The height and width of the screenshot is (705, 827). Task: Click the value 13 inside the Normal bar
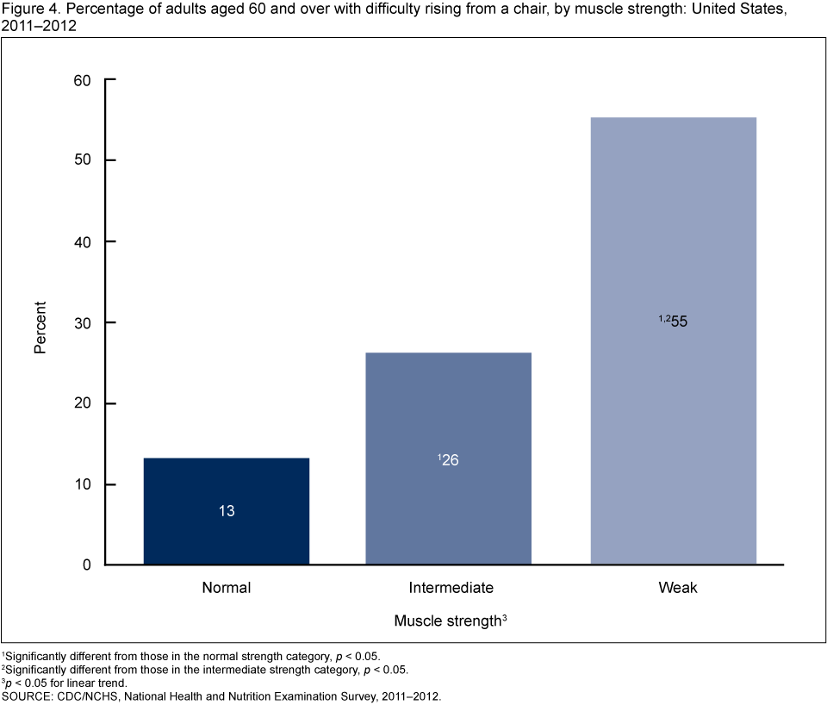click(x=226, y=511)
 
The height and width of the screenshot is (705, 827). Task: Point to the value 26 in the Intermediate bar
click(x=451, y=460)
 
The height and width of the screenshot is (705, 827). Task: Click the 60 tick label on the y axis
click(x=82, y=80)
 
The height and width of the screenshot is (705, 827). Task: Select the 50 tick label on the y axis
click(x=82, y=161)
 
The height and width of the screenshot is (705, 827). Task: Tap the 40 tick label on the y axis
click(x=82, y=242)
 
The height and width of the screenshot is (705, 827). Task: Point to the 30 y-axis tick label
click(x=82, y=323)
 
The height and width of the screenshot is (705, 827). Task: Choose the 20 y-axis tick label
click(x=82, y=404)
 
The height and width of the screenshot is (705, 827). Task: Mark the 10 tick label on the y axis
click(x=82, y=485)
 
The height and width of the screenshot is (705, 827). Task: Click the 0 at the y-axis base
click(x=86, y=565)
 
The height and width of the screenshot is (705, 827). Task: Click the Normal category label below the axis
click(x=226, y=589)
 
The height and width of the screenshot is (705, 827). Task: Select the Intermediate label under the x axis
click(x=451, y=589)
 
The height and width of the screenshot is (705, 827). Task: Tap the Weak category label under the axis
click(x=678, y=589)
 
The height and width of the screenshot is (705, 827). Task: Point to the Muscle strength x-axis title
click(x=445, y=621)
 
